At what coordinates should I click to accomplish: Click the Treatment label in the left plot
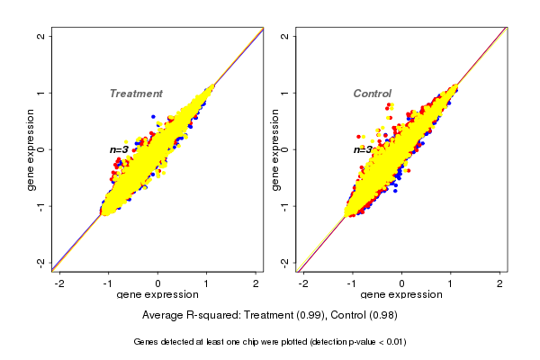coord(136,94)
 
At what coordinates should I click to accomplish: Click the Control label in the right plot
coord(372,94)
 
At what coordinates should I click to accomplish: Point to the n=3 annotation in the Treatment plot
coord(119,149)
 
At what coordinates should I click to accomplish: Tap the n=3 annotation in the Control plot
coord(363,149)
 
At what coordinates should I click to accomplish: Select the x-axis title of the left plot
coord(157,295)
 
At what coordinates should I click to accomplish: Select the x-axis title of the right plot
coord(401,295)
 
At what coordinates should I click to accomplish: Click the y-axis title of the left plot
coord(31,149)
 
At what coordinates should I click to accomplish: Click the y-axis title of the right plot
coord(275,149)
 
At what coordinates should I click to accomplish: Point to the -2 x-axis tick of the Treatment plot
coord(59,283)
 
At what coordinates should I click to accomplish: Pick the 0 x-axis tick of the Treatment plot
coord(158,283)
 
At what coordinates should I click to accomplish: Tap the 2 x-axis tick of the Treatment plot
coord(256,283)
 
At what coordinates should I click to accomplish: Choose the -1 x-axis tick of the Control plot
coord(352,283)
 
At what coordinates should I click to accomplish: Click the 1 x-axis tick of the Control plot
coord(451,283)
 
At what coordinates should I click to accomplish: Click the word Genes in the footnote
coord(146,342)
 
